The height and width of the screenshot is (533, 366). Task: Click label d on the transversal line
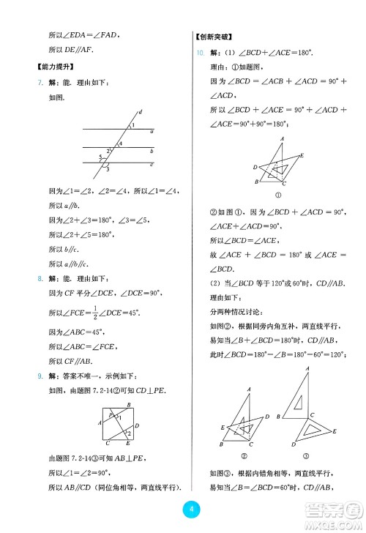pos(140,111)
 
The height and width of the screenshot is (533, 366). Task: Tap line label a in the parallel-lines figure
pos(151,133)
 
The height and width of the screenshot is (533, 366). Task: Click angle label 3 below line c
pos(108,170)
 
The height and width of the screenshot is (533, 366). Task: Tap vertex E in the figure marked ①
pos(302,155)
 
